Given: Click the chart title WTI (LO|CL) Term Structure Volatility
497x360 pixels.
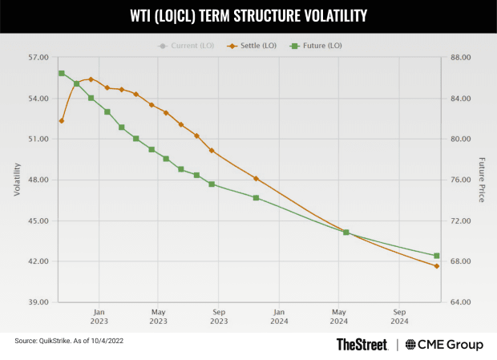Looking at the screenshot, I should (x=248, y=16).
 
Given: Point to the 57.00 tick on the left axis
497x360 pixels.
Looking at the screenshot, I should (x=38, y=58).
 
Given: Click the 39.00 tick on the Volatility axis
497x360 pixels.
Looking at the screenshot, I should (x=38, y=302).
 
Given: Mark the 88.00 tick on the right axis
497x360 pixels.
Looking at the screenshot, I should (x=459, y=58).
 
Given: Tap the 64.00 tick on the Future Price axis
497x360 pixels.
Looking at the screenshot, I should (x=459, y=302).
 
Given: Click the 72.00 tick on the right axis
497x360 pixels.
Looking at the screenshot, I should (x=459, y=220).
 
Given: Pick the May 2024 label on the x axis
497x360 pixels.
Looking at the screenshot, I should (x=338, y=316).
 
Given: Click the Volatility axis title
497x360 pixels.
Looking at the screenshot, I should (x=17, y=180).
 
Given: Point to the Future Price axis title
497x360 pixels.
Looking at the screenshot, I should (x=482, y=180).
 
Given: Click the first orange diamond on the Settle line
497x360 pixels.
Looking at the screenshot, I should (x=62, y=121).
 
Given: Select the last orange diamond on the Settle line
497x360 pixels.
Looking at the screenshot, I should (x=437, y=266).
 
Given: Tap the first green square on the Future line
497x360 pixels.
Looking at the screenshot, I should (x=62, y=74).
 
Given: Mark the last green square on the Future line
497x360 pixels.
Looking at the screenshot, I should (x=437, y=256).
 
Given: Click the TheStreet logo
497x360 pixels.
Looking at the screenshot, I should (x=362, y=344).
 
